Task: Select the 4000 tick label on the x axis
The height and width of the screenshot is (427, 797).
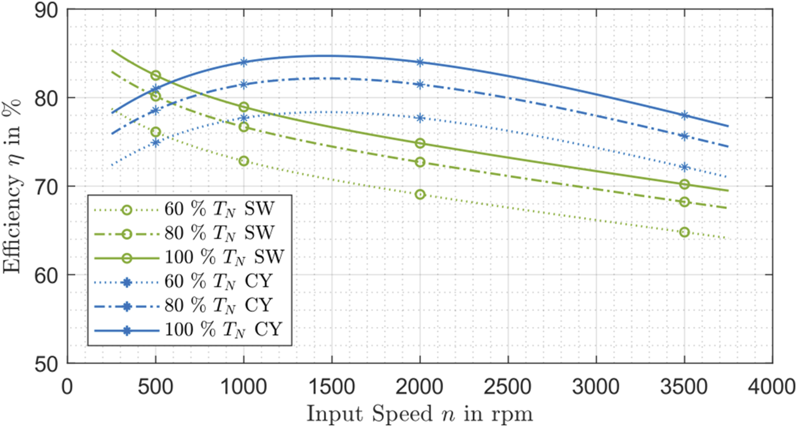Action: [x=772, y=387]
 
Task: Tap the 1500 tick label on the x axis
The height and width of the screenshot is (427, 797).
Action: [x=331, y=387]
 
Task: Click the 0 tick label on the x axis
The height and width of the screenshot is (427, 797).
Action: [x=67, y=387]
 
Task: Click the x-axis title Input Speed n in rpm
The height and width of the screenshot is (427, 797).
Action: [x=420, y=414]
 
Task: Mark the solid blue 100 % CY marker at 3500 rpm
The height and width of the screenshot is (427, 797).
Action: [x=684, y=115]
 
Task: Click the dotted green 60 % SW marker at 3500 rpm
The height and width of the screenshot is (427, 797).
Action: [x=684, y=232]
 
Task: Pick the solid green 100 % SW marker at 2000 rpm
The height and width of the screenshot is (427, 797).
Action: [x=420, y=143]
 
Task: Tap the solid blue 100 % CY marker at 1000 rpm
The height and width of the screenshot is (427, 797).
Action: [x=243, y=62]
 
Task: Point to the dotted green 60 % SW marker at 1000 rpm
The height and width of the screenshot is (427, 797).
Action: [x=243, y=161]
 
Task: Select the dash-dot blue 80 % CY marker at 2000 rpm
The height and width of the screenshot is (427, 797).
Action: [x=420, y=84]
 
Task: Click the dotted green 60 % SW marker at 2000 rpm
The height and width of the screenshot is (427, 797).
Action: [x=420, y=194]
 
